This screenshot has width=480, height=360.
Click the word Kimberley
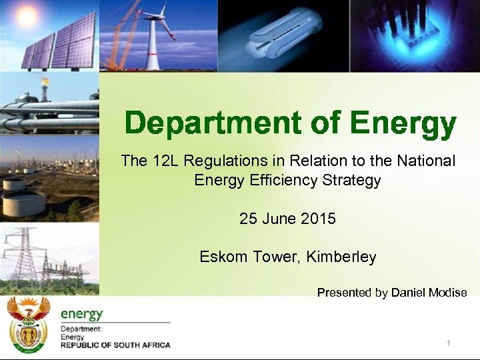pos(341,257)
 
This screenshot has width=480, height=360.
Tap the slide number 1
pos(449,343)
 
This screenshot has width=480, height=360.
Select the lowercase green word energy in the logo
pos(82,313)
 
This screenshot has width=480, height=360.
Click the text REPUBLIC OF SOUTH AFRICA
pos(115,345)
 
